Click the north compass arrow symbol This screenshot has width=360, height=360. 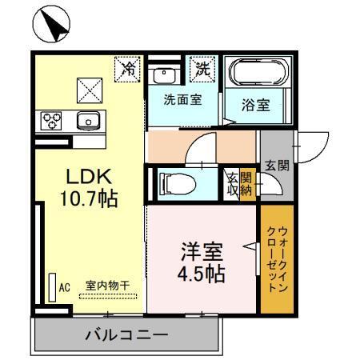(x=52, y=26)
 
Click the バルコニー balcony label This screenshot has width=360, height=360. (x=126, y=334)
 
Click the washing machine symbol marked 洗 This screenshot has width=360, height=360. (x=202, y=69)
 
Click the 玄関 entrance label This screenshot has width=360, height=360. (x=278, y=166)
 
